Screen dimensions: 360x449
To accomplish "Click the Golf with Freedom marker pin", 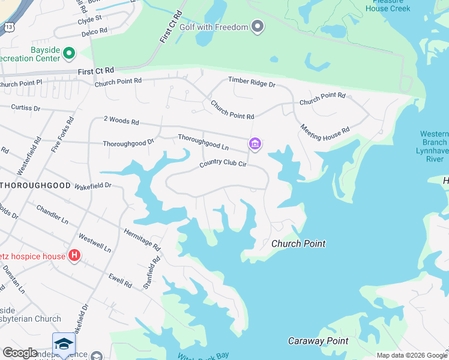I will (258, 27).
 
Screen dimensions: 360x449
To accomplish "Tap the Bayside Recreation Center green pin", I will (69, 54).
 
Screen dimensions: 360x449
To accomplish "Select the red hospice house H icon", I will (74, 256).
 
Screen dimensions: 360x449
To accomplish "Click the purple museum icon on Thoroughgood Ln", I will (255, 144).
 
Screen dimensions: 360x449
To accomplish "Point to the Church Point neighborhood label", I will (298, 244).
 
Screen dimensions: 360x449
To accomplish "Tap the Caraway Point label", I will (318, 341).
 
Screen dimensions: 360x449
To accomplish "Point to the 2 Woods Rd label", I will (121, 121).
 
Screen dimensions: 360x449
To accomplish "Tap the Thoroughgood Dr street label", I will (128, 143).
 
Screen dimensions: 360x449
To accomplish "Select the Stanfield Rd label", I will (152, 274).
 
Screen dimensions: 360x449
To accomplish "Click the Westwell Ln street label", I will (95, 242).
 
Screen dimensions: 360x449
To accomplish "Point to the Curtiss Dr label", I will (25, 108).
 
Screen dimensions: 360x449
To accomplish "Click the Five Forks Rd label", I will (60, 136).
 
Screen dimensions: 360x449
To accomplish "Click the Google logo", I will (20, 353).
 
